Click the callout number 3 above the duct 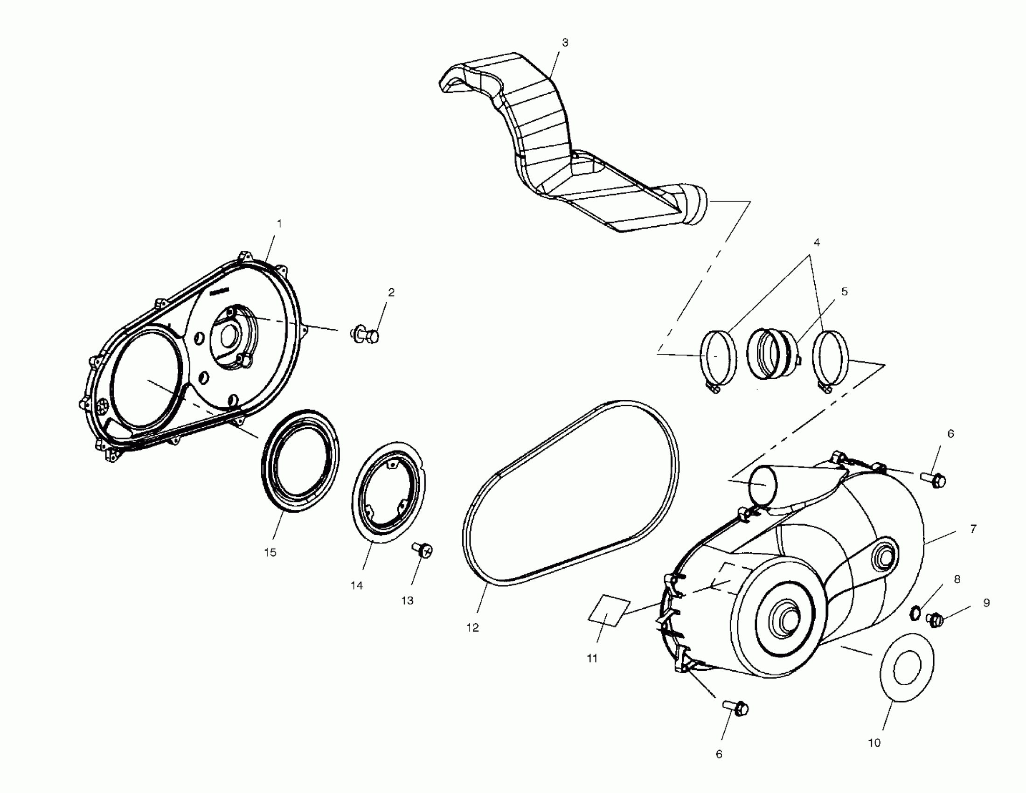[565, 43]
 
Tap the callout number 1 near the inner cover [279, 224]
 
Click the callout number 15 [270, 552]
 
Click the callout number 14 [357, 585]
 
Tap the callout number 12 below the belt [472, 627]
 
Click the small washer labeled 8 [914, 612]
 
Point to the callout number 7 [973, 529]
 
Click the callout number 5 [844, 292]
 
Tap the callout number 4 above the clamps [817, 243]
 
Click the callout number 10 [874, 743]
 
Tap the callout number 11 [592, 659]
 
